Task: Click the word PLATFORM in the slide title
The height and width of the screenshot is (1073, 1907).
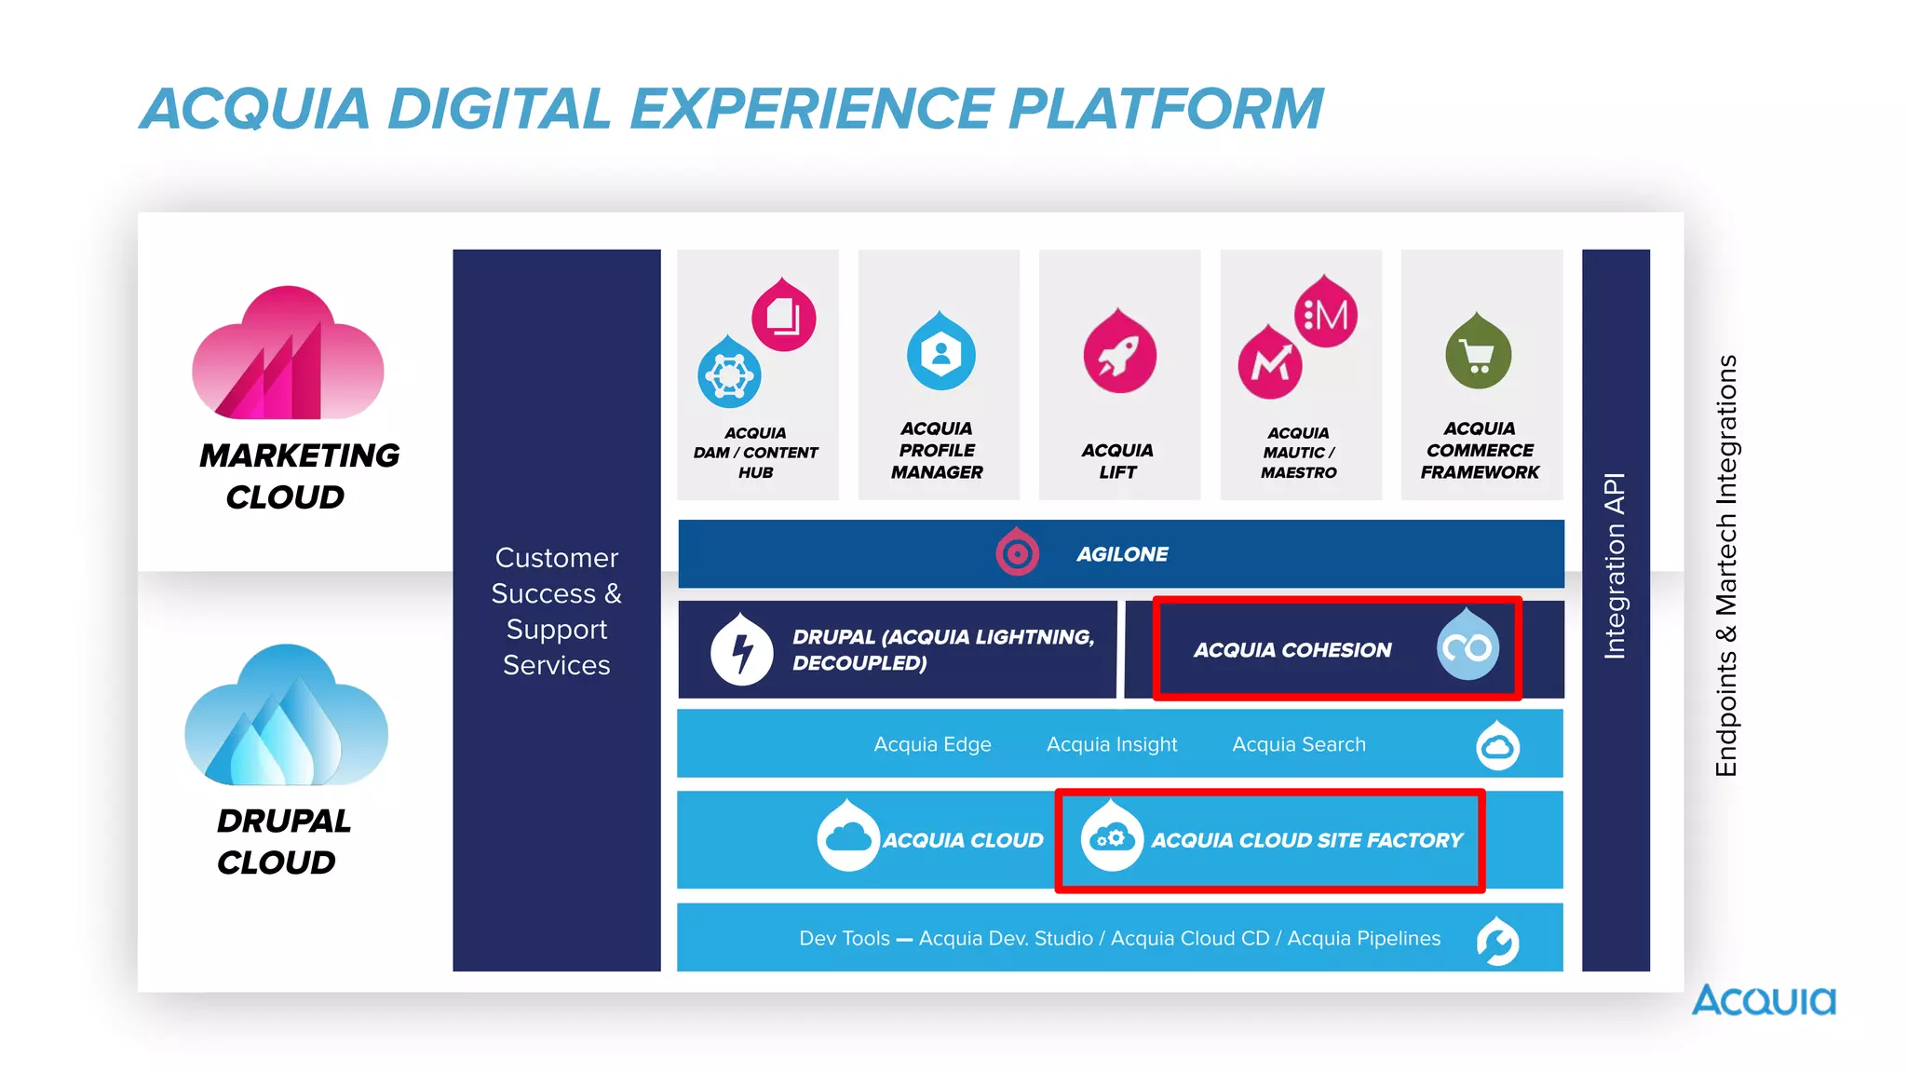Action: pyautogui.click(x=1166, y=109)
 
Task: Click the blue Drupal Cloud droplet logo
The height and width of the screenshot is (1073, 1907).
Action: pyautogui.click(x=286, y=718)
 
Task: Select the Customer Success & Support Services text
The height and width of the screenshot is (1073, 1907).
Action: pyautogui.click(x=557, y=611)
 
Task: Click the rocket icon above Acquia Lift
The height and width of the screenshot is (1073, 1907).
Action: pyautogui.click(x=1119, y=356)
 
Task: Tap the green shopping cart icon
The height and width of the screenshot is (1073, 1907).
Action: pyautogui.click(x=1478, y=355)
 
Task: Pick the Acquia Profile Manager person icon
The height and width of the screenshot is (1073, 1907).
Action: pyautogui.click(x=940, y=355)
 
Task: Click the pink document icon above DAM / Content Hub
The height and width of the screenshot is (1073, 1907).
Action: pyautogui.click(x=783, y=317)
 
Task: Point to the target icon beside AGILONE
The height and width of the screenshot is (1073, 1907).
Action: pyautogui.click(x=1017, y=554)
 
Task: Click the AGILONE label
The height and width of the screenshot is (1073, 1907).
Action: pyautogui.click(x=1122, y=554)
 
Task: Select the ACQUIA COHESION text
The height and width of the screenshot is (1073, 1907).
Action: pyautogui.click(x=1292, y=650)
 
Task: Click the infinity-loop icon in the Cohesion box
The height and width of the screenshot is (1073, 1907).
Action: pyautogui.click(x=1467, y=647)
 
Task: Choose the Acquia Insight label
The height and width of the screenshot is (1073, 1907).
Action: pyautogui.click(x=1112, y=744)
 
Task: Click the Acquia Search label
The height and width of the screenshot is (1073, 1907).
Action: pyautogui.click(x=1299, y=744)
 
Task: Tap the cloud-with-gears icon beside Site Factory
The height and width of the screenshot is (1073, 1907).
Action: pyautogui.click(x=1111, y=838)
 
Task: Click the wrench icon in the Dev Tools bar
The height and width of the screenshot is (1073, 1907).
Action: pyautogui.click(x=1497, y=942)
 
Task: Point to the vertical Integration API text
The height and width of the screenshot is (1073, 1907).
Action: pyautogui.click(x=1615, y=566)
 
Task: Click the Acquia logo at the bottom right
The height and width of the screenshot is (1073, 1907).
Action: pyautogui.click(x=1764, y=1001)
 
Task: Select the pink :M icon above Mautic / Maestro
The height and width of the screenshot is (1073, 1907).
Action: pyautogui.click(x=1326, y=315)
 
